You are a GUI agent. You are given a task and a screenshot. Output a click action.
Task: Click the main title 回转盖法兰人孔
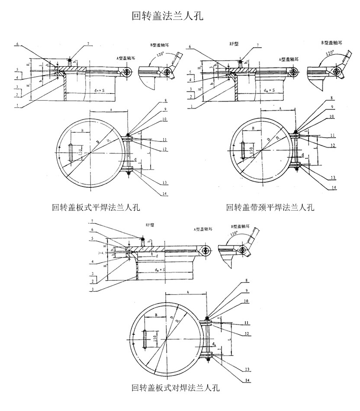[167, 16]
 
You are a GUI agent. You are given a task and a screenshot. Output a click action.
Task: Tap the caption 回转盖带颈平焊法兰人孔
[270, 207]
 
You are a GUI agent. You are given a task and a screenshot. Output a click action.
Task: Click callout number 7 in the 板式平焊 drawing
[88, 44]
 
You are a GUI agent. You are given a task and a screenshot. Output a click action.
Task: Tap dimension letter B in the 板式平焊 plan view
[82, 130]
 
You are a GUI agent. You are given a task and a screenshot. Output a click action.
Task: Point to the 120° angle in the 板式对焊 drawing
[235, 234]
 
